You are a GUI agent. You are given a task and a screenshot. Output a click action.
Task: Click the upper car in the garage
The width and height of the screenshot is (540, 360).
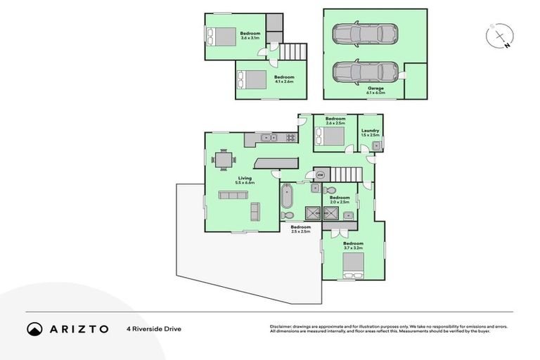(x=364, y=33)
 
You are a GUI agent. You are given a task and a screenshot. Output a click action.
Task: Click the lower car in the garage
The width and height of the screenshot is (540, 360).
(x=364, y=71)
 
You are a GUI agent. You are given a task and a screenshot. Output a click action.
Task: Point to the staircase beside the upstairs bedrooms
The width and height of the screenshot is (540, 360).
(x=294, y=51)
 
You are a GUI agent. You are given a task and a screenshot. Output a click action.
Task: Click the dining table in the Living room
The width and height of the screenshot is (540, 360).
(x=224, y=160)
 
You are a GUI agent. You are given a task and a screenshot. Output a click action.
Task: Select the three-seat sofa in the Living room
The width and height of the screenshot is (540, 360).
(x=232, y=195)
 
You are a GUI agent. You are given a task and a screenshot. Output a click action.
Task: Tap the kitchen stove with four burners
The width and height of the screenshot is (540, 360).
(x=290, y=137)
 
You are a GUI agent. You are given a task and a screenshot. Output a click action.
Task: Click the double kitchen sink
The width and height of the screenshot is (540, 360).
(x=267, y=137)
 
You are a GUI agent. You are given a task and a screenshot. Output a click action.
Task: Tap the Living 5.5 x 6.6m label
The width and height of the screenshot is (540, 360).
(x=245, y=180)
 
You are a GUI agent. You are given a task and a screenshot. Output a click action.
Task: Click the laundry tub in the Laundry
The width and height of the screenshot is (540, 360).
(x=377, y=146)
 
